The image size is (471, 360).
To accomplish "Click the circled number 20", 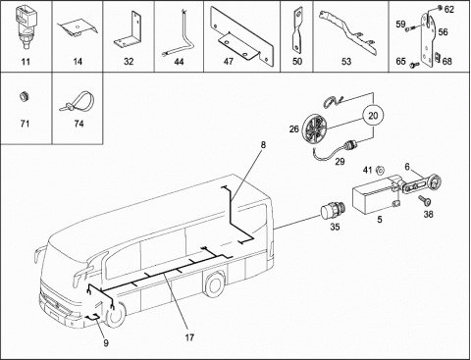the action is tap(373, 116).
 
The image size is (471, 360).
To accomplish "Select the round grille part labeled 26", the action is tap(315, 129).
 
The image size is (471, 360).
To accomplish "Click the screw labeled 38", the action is tap(425, 200).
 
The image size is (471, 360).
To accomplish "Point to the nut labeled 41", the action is tap(380, 170).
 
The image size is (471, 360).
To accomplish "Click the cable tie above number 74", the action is tap(78, 101).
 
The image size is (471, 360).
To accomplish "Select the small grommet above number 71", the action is tap(25, 96).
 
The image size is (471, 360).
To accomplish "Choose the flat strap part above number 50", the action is tap(297, 30).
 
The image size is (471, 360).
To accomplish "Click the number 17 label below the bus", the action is tap(189, 337).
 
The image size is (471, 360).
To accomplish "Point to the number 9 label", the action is tap(106, 342).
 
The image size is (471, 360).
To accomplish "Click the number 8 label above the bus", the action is tap(263, 144).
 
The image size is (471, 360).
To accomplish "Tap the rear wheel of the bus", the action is tap(214, 283).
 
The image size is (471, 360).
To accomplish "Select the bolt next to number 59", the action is tap(412, 27).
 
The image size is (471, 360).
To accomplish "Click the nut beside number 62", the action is tap(441, 7).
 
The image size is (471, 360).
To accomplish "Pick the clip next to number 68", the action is tap(437, 57).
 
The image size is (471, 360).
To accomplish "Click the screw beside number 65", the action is tap(413, 65).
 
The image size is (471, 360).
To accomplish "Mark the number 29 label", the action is tap(340, 161).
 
